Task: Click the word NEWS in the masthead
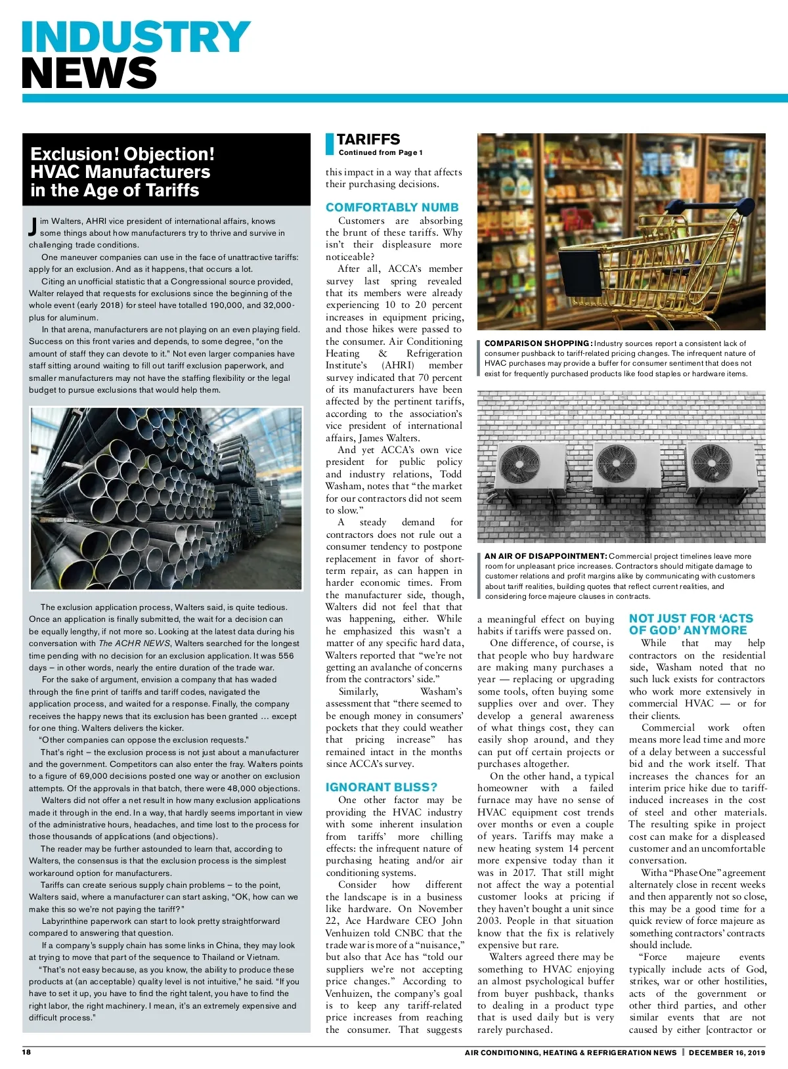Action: click(x=89, y=72)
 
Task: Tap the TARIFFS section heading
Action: click(x=368, y=139)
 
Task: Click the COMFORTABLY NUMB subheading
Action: click(x=392, y=207)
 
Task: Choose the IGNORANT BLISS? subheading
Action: click(x=381, y=787)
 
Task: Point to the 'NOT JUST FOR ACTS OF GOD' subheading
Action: click(x=691, y=624)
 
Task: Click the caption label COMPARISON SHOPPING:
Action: click(x=538, y=343)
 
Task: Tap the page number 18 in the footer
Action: click(x=26, y=1052)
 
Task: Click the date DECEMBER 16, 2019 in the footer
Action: click(x=727, y=1053)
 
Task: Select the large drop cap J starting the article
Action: click(x=33, y=227)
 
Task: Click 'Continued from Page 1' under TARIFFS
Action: click(x=380, y=152)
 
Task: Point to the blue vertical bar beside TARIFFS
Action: click(x=330, y=144)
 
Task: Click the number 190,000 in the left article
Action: click(x=225, y=305)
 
